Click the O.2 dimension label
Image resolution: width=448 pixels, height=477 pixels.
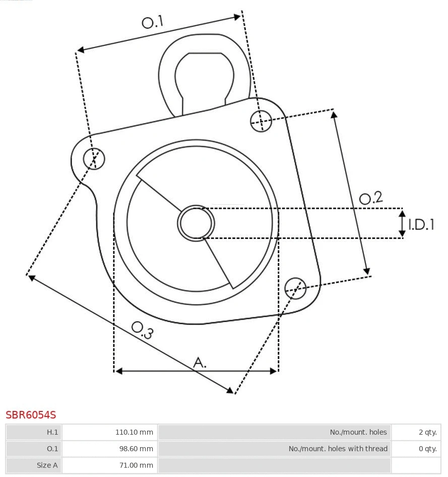pos(371,198)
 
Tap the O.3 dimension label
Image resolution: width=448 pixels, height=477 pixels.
pos(142,330)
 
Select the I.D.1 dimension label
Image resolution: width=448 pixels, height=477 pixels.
pos(421,224)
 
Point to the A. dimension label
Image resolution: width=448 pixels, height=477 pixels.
pos(200,362)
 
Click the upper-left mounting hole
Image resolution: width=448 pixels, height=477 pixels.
pos(94,159)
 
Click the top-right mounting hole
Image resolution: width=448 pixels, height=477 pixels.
pos(261,121)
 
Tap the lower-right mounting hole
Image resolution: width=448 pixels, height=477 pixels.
pos(295,287)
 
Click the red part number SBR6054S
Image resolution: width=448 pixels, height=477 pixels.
pos(31,415)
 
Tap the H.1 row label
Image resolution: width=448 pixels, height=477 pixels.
pos(52,432)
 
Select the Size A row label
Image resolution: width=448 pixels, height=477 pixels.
pos(47,465)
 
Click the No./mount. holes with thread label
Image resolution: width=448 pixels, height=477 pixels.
pos(338,449)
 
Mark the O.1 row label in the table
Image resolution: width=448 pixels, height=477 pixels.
pos(52,449)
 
